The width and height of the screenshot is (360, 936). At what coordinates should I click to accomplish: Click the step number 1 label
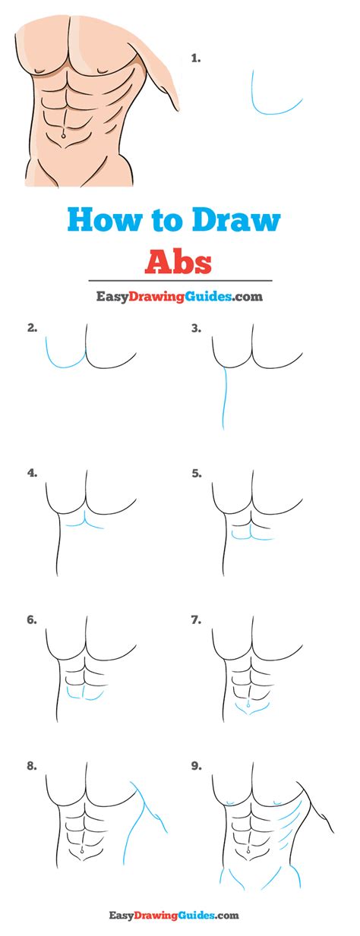point(195,57)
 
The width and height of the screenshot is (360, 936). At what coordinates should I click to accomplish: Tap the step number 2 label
point(31,329)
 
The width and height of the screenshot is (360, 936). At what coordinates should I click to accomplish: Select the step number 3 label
point(196,329)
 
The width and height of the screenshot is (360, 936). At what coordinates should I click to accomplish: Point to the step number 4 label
point(31,472)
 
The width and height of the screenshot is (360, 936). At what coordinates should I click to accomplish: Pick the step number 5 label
point(196,472)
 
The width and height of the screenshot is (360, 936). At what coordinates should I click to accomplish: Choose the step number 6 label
point(31,619)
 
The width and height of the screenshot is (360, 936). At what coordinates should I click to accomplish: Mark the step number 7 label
point(196,619)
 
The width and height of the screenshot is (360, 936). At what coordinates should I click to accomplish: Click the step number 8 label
point(31,766)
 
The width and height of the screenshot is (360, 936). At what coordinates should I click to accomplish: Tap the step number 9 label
point(196,766)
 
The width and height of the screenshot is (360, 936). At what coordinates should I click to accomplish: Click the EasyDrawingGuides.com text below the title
point(180,297)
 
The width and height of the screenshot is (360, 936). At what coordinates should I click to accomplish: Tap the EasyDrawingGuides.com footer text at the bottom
point(180,917)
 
